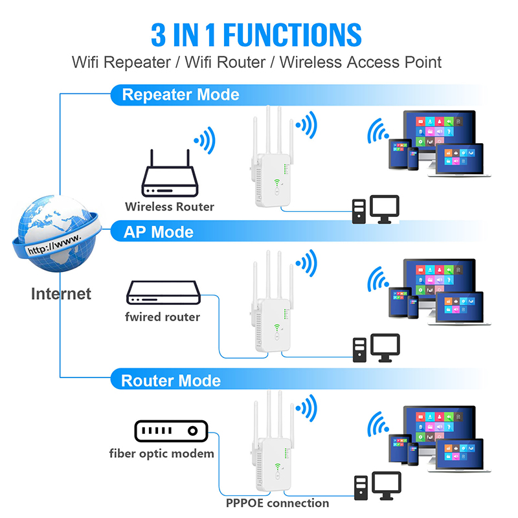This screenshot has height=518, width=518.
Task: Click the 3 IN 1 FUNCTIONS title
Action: (x=256, y=34)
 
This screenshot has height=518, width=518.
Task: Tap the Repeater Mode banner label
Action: (x=181, y=95)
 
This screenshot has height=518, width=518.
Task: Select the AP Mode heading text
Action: (x=158, y=232)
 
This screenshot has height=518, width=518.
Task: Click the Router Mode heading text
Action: (x=171, y=380)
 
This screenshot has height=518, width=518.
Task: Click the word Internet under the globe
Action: (x=61, y=293)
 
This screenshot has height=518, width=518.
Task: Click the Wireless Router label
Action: (x=170, y=207)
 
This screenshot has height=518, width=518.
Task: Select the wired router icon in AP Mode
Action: (x=162, y=293)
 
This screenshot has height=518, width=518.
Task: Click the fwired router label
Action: (x=163, y=317)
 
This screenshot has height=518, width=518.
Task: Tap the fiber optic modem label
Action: (x=161, y=453)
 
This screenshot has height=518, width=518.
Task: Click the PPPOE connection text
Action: (x=277, y=503)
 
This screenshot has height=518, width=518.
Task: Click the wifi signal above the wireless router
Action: (x=205, y=138)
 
